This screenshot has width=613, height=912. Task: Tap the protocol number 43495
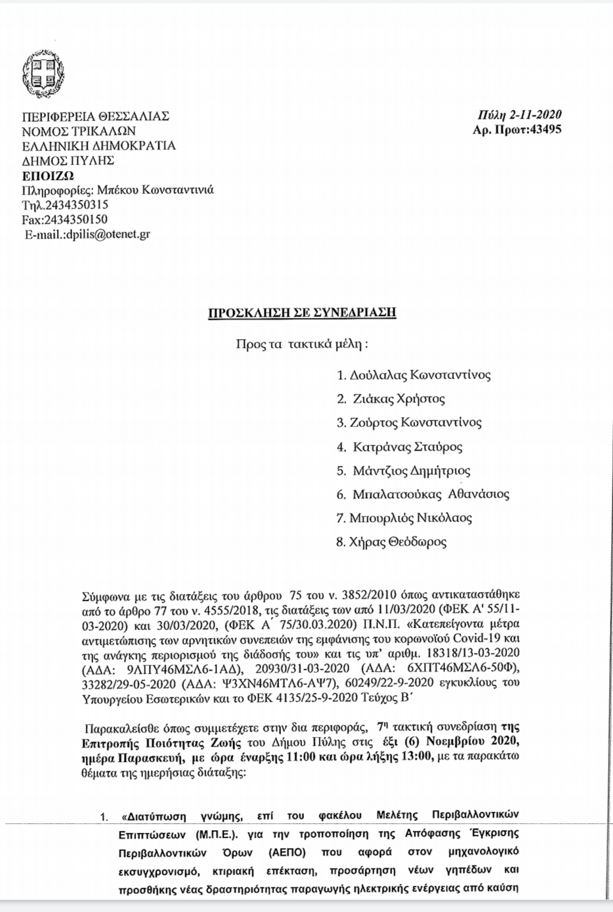point(542,130)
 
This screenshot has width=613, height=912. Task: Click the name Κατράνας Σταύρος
point(407,446)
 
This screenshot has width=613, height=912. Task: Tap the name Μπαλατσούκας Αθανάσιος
point(431,494)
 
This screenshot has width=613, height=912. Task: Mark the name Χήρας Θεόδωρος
point(399,542)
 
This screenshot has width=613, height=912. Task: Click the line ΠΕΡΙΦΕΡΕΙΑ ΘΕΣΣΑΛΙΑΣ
point(96,116)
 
